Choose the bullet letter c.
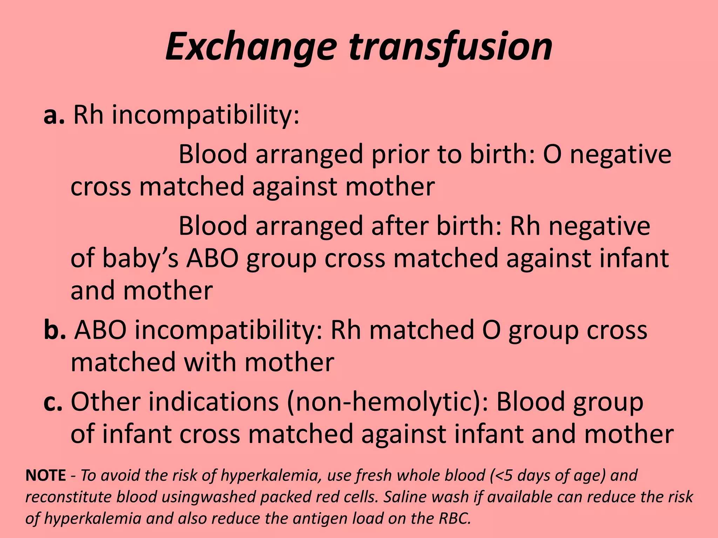[53, 402]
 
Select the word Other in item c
[106, 402]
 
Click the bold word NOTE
[46, 475]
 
